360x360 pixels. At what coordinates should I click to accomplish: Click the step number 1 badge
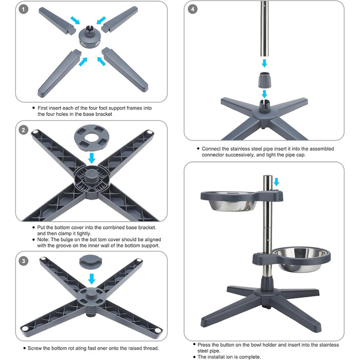pos(23,9)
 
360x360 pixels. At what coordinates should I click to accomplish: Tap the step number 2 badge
pos(23,130)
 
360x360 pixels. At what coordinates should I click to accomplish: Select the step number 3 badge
pos(23,261)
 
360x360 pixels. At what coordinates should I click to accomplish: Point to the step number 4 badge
pos(193,9)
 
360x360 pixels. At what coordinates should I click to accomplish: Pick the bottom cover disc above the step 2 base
pos(92,138)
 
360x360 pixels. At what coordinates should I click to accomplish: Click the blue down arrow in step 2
pos(92,158)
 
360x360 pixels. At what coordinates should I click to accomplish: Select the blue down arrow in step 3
pos(92,279)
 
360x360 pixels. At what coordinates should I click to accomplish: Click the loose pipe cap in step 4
pos(265,80)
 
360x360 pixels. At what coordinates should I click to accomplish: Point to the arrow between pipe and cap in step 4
pos(264,63)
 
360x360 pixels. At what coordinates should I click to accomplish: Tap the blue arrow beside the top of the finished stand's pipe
pos(277,182)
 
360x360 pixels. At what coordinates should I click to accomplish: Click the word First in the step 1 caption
pos(43,108)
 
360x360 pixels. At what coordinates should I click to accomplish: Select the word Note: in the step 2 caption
pos(43,240)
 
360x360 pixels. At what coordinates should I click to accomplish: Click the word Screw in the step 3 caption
pos(34,348)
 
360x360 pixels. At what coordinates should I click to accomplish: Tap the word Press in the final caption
pos(204,345)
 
